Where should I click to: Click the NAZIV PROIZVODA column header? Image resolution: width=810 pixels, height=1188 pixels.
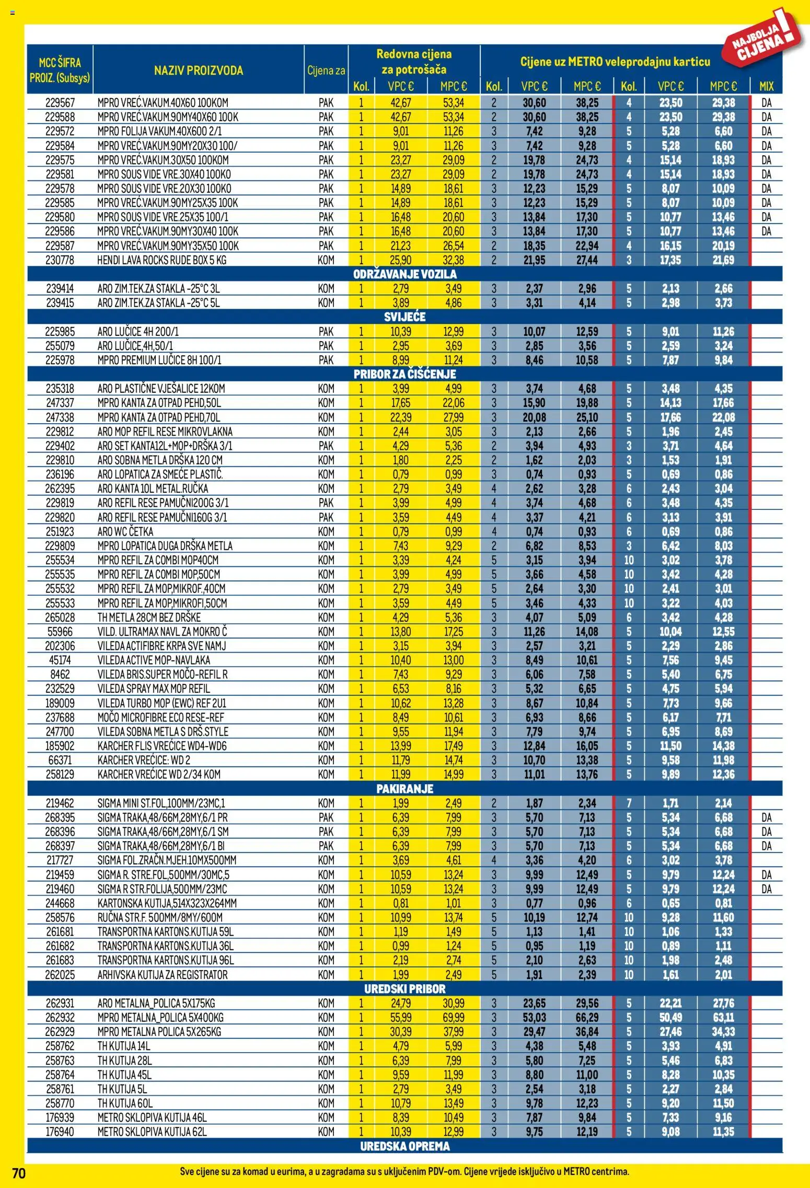point(199,71)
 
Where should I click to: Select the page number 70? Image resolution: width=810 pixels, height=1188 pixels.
point(18,1173)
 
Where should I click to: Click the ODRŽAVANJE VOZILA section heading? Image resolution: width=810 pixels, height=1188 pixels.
point(404,274)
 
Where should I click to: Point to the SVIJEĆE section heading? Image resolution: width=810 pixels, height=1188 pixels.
point(404,317)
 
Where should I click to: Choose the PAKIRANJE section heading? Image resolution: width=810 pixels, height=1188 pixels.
point(404,789)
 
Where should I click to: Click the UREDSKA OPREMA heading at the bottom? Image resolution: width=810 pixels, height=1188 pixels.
point(404,1146)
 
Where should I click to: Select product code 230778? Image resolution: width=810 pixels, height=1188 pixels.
point(60,260)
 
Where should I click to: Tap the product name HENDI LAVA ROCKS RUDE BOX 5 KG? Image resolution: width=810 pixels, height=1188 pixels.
point(161,260)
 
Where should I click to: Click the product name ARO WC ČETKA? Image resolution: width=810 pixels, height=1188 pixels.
point(125,532)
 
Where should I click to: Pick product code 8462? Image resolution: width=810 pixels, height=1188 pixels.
point(60,674)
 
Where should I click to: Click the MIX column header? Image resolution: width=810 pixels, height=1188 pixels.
point(766,86)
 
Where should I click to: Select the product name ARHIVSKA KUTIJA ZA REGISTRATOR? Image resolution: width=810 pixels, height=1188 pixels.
point(163,975)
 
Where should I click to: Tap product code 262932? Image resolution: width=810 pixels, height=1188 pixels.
point(60,1018)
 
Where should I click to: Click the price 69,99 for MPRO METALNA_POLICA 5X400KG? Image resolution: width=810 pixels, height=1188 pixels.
point(453,1018)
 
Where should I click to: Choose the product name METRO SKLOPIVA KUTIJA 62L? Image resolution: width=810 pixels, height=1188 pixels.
point(152,1132)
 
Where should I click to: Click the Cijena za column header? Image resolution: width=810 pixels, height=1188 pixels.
point(326,71)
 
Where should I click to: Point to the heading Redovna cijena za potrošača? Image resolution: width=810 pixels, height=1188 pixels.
point(414,62)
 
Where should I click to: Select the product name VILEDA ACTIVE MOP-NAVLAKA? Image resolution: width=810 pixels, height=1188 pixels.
point(154,660)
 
